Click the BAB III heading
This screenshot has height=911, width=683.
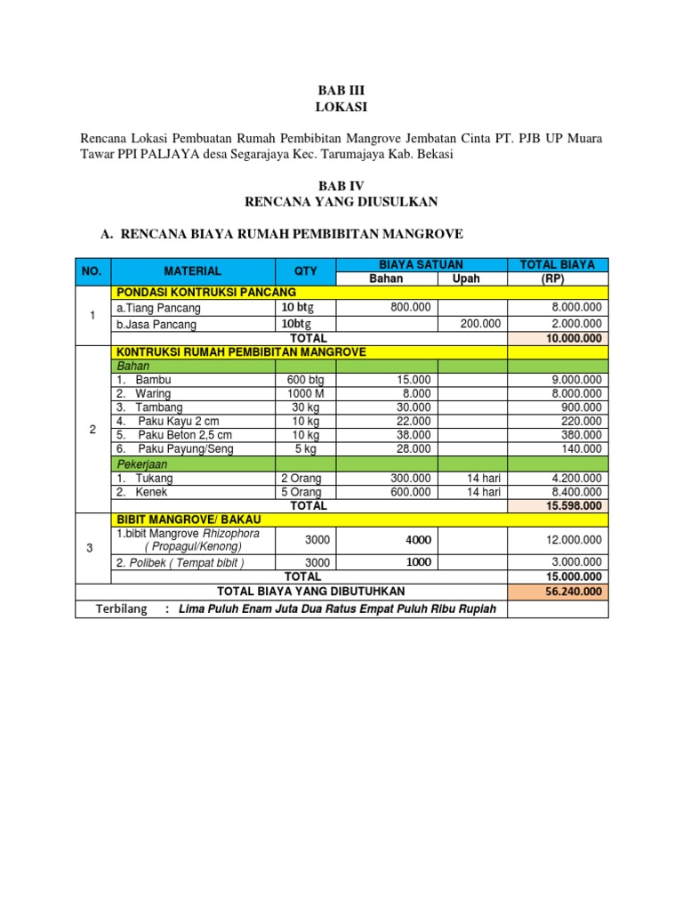pyautogui.click(x=341, y=91)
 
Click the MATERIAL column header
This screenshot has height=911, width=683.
pyautogui.click(x=192, y=270)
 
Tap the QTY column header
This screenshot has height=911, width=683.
pyautogui.click(x=305, y=270)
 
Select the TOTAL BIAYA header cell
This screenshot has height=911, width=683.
pyautogui.click(x=558, y=264)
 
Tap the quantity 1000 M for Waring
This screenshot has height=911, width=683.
pyautogui.click(x=304, y=393)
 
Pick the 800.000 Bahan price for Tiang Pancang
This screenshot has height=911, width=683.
pyautogui.click(x=410, y=308)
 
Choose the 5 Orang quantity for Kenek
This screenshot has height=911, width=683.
pyautogui.click(x=302, y=491)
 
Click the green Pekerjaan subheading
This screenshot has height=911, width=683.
pyautogui.click(x=142, y=464)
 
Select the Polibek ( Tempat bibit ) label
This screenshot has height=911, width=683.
pyautogui.click(x=181, y=562)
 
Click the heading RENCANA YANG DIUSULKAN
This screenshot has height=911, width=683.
pyautogui.click(x=341, y=202)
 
